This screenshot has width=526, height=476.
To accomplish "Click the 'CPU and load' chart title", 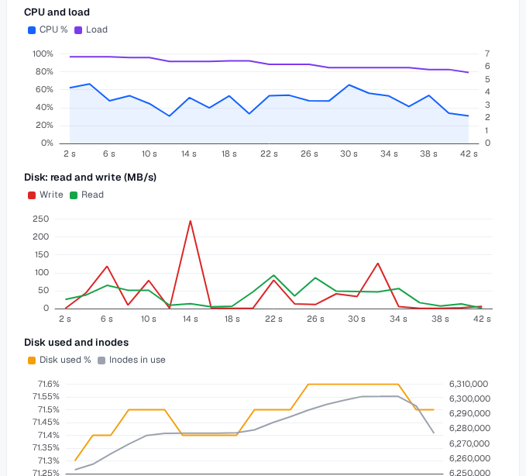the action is [57, 12].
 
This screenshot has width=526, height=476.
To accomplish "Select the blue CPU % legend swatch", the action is [32, 30].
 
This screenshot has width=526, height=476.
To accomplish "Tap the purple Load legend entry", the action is [91, 30].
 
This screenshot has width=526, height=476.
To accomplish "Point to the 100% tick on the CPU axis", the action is [43, 53].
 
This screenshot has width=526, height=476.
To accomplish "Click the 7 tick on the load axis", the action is [487, 53].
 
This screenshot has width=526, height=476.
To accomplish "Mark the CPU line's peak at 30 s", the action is [349, 85].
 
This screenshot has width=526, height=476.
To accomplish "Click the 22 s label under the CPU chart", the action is [269, 153].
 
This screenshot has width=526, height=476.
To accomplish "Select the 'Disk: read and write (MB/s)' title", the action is [90, 178].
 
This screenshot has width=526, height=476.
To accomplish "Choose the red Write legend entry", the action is [46, 195].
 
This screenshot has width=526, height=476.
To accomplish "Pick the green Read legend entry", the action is [87, 195].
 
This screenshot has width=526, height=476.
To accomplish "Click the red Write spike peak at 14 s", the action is [191, 221].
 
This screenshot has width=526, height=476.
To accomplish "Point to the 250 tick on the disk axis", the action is [41, 219].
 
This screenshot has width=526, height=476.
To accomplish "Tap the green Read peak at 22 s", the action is [274, 275].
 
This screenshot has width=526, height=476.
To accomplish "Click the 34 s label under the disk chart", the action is [398, 319].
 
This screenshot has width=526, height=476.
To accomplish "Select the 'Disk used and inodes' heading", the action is [77, 343].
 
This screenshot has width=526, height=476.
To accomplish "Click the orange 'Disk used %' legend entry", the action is [60, 360].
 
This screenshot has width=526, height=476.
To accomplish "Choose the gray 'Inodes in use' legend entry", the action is [132, 360].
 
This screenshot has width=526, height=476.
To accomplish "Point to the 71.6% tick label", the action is [49, 384].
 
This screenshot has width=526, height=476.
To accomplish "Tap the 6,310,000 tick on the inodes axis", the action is [469, 384].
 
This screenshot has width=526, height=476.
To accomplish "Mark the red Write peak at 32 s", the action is [378, 264].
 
